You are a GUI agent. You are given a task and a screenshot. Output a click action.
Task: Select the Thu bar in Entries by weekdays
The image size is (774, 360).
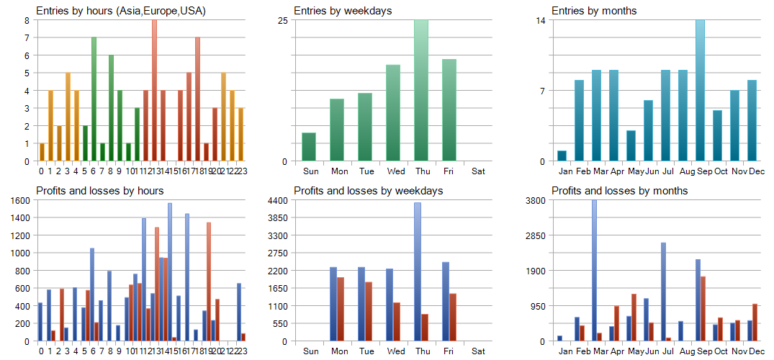pos(421,90)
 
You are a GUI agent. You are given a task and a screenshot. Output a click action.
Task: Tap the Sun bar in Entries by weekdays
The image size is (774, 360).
pos(309,147)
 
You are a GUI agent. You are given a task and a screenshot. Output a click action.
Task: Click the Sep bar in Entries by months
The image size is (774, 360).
pos(700,90)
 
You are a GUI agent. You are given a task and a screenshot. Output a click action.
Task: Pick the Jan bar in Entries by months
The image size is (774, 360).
pos(562,156)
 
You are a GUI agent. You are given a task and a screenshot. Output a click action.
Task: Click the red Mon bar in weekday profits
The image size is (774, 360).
pos(341,309)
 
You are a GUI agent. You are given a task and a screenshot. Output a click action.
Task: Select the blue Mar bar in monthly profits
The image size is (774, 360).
pos(594,270)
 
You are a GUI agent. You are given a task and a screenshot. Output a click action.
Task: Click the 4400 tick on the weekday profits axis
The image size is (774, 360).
pos(278,200)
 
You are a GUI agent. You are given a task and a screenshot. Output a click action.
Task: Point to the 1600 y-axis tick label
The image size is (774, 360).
pos(19,200)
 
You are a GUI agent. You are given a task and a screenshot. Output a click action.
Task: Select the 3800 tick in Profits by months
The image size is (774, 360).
pos(536,200)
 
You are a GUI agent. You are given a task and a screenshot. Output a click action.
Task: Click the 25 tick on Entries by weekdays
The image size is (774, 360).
pos(283,20)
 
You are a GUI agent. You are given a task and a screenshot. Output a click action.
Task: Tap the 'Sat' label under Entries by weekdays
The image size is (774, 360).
pos(478,171)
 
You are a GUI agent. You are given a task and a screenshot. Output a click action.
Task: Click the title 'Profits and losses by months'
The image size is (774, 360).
pos(619,191)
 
